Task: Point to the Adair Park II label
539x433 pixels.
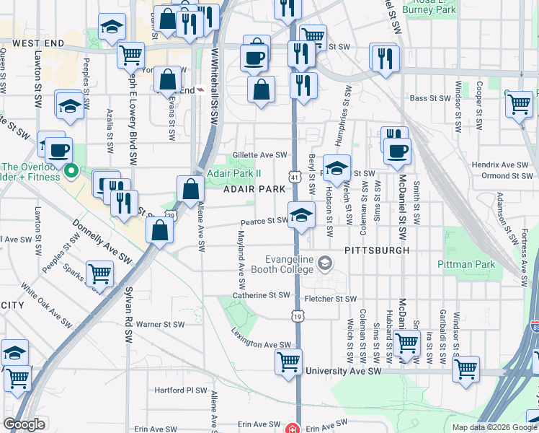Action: click(233, 173)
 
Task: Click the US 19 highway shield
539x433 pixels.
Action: click(297, 315)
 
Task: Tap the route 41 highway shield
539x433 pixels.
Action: click(295, 175)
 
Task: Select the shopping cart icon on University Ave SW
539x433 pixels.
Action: click(289, 362)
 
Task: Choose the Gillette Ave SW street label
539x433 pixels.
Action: click(260, 154)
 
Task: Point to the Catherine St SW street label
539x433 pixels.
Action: click(260, 295)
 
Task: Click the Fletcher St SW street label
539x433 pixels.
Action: click(331, 299)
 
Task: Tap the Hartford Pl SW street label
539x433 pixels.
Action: click(180, 390)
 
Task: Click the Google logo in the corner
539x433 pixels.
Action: click(24, 424)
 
